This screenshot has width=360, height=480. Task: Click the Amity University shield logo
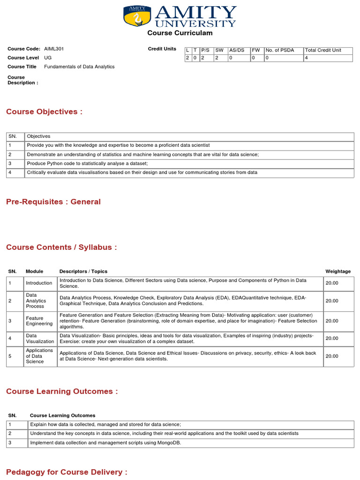pyautogui.click(x=137, y=16)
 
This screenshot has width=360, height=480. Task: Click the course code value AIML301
pyautogui.click(x=54, y=49)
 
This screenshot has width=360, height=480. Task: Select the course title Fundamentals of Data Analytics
pyautogui.click(x=79, y=67)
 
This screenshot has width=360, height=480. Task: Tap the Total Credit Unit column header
pyautogui.click(x=323, y=50)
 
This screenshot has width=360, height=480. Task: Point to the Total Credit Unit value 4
pyautogui.click(x=307, y=58)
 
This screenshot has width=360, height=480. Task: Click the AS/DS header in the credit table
pyautogui.click(x=237, y=50)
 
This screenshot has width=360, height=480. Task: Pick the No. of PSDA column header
pyautogui.click(x=280, y=50)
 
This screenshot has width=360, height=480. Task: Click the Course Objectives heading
pyautogui.click(x=44, y=112)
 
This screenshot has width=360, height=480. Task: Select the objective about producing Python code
pyautogui.click(x=87, y=163)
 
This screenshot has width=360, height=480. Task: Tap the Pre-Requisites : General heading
pyautogui.click(x=53, y=202)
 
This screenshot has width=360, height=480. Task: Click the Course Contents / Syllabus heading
pyautogui.click(x=61, y=247)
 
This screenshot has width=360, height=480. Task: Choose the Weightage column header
pyautogui.click(x=338, y=271)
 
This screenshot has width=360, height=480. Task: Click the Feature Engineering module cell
pyautogui.click(x=39, y=321)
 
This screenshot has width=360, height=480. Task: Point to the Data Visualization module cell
pyautogui.click(x=40, y=338)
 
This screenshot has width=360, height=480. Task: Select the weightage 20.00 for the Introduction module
pyautogui.click(x=332, y=283)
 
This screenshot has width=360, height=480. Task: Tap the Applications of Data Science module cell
pyautogui.click(x=39, y=356)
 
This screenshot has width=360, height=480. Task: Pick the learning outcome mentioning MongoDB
pyautogui.click(x=105, y=442)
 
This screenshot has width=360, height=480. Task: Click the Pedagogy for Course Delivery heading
pyautogui.click(x=67, y=472)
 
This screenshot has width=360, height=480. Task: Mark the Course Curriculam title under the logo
pyautogui.click(x=180, y=33)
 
